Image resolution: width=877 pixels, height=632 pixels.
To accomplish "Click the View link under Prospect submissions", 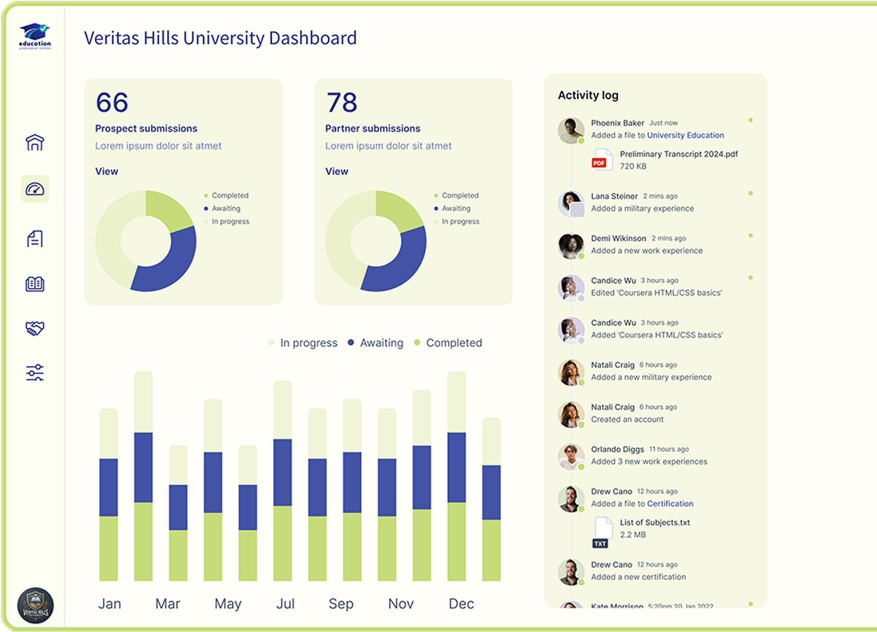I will pos(106,171).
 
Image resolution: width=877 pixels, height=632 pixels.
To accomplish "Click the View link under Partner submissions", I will pos(336,171).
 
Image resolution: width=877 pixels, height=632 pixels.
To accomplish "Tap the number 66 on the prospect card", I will pos(112,103).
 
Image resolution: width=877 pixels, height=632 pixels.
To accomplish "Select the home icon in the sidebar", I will pos(35,142).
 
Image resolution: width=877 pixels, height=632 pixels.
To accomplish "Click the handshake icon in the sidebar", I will pos(35,328).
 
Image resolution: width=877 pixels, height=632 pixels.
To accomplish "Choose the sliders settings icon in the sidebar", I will pos(35,373).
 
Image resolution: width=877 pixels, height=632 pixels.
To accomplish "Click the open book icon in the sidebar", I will pos(35,284).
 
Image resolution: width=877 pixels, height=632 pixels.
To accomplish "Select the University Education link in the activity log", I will pos(685,135).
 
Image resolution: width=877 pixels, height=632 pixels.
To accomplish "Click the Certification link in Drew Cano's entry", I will pos(670,504).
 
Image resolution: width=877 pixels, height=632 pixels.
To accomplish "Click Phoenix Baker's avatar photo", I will pos(570,130).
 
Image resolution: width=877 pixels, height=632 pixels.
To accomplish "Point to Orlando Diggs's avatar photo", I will pos(570,457).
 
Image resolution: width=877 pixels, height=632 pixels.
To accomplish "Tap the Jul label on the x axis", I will pos(285,604).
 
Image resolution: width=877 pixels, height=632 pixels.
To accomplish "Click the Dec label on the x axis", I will pos(461,604).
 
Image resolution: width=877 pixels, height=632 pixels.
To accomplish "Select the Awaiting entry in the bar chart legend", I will pos(381,343).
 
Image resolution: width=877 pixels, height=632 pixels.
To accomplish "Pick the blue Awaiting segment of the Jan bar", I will pos(108,487).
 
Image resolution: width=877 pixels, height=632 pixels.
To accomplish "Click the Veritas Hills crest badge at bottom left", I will pos(35,606).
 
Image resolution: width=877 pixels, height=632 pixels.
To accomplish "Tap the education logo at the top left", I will pos(35,36).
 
